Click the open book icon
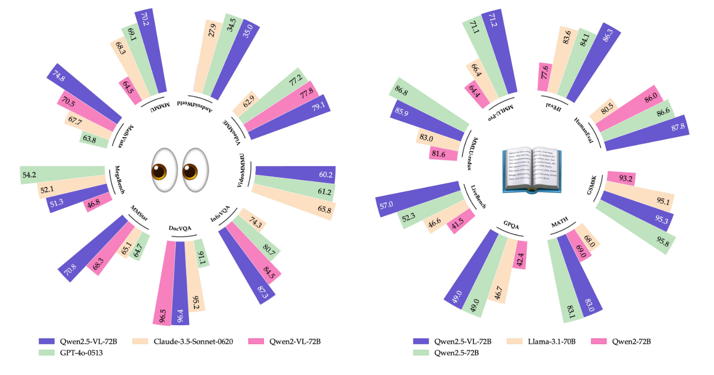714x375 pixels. (532, 170)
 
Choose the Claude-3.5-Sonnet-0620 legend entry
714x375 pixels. (183, 342)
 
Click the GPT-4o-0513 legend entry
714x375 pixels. (71, 353)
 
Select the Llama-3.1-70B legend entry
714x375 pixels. (541, 342)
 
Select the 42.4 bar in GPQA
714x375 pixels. (520, 254)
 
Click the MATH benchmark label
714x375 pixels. (559, 222)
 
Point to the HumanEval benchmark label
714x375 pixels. (584, 130)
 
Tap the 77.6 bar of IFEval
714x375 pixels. (544, 73)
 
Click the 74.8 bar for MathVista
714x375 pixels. (85, 94)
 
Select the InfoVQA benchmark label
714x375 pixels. (220, 214)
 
